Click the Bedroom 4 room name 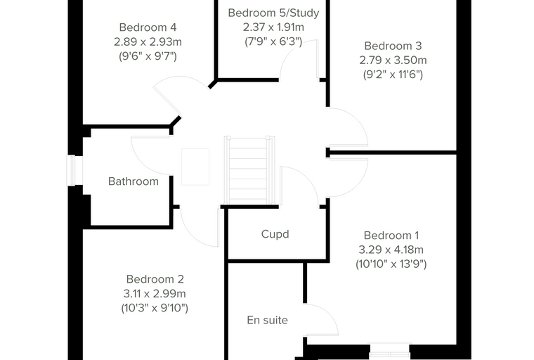(x=148, y=27)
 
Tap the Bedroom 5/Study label (x=273, y=13)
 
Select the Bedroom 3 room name (x=393, y=46)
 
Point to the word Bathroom (x=133, y=181)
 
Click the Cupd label (x=275, y=234)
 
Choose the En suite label (x=267, y=320)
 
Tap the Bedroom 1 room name (x=391, y=236)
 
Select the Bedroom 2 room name (x=155, y=279)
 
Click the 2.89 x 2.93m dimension (x=148, y=42)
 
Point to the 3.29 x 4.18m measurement (x=391, y=250)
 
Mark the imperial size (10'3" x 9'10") (x=155, y=308)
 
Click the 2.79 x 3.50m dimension (x=393, y=60)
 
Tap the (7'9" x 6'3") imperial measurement (x=273, y=41)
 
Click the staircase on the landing (x=249, y=169)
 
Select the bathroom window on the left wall (x=71, y=170)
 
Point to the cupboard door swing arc (x=306, y=177)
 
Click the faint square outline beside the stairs (x=195, y=167)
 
